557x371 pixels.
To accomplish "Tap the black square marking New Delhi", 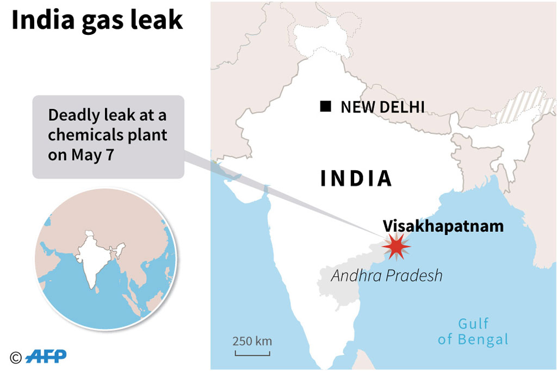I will (325, 107).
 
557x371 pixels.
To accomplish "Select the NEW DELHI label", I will (382, 107).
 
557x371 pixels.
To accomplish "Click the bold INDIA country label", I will (356, 178).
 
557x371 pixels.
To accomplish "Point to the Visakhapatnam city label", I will (443, 226).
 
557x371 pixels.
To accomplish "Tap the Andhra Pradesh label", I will (386, 276).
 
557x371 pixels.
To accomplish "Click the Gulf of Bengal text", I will (473, 332).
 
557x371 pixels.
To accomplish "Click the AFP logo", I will (47, 356).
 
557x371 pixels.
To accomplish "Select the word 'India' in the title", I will (38, 21).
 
